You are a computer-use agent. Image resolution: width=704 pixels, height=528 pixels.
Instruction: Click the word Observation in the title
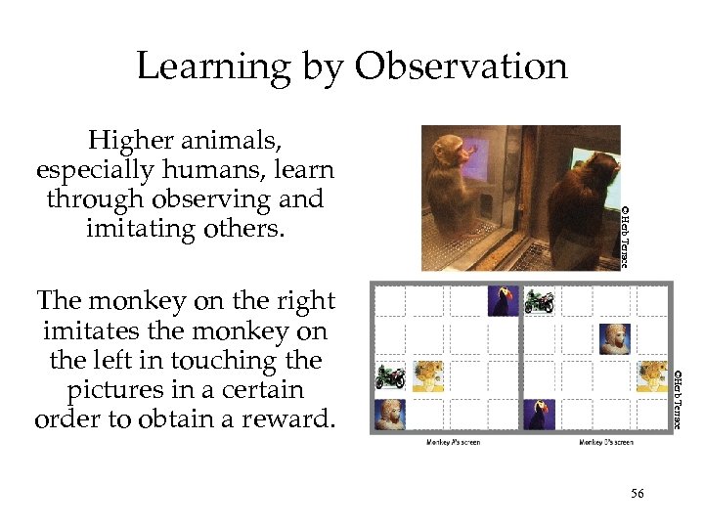461,66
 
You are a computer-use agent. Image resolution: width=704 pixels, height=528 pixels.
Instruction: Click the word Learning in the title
212,67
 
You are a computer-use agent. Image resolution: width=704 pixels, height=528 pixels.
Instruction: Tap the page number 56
637,494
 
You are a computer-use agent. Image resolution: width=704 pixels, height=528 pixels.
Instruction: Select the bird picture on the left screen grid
503,300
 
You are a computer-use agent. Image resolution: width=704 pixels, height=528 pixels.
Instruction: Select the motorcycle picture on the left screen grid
391,376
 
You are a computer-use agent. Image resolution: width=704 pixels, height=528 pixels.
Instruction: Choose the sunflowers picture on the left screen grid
427,376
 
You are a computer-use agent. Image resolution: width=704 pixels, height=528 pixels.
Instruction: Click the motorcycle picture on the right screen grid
539,301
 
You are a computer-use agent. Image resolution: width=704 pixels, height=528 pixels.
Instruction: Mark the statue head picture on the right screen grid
615,338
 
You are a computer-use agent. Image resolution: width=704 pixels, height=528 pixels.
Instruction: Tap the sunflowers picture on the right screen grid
651,375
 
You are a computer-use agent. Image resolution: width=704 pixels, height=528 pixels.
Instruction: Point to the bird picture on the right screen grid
539,414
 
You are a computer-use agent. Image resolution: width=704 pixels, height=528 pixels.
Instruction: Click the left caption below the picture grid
453,442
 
